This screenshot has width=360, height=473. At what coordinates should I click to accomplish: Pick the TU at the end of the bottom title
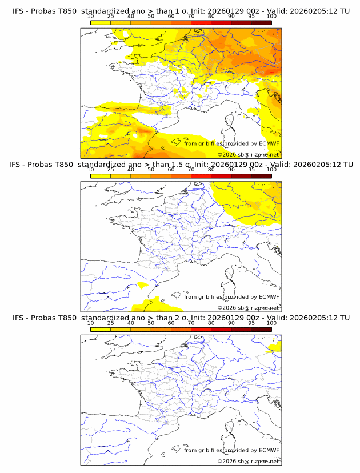pos(345,318)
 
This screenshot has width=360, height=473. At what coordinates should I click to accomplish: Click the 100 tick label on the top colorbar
pos(271,16)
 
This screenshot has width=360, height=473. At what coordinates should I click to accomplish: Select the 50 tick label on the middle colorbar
pos(151,170)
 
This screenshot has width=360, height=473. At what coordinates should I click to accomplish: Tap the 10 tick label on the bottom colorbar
pos(90,323)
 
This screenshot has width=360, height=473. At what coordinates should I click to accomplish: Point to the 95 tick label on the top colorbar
pos(251,16)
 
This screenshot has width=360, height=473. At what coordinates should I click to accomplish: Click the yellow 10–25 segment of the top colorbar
pos(101,22)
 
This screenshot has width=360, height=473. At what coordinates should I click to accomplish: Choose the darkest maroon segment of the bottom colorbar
pos(261,329)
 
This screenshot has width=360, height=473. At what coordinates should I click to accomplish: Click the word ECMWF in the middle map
pos(269,296)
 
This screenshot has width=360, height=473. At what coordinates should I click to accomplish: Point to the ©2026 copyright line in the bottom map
pos(248,461)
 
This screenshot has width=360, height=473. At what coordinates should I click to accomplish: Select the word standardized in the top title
pos(105,11)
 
